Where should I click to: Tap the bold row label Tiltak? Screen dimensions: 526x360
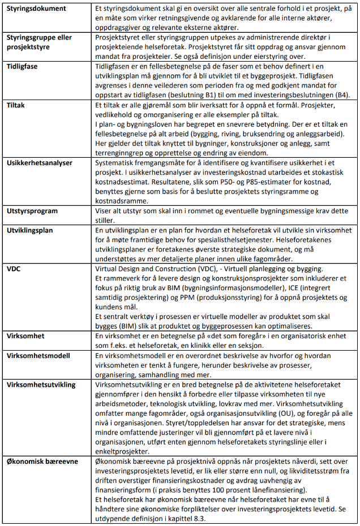point(18,105)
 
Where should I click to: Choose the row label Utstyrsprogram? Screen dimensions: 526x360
point(33,210)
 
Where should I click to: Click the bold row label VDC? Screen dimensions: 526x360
point(14,268)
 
